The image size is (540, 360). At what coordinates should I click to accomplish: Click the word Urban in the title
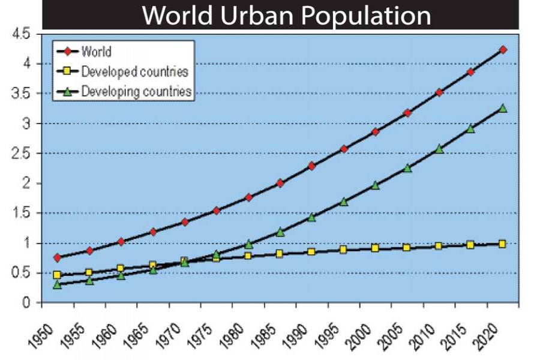259,16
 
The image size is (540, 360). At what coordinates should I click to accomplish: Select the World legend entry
96,52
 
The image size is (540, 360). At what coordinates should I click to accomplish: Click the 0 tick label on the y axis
26,303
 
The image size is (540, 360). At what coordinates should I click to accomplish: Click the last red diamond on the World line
502,50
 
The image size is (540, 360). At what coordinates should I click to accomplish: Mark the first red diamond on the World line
58,257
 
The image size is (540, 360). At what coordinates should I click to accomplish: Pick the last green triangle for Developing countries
502,109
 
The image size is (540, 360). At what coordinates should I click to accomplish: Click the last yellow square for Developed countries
502,244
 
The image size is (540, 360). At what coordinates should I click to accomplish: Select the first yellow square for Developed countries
58,275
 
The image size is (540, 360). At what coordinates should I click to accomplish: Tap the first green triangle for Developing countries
58,284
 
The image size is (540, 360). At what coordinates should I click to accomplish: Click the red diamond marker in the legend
67,52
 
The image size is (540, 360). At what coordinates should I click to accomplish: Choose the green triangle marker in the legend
67,92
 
